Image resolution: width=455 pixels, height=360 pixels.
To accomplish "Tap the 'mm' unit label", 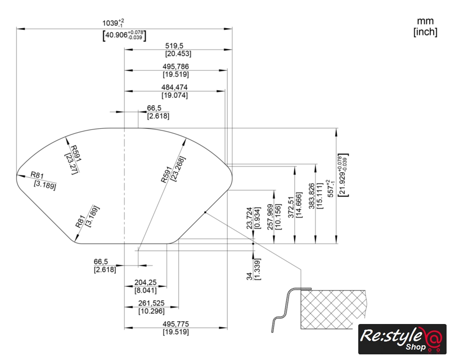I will pyautogui.click(x=425, y=21).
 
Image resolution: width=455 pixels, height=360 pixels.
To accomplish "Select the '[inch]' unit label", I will pyautogui.click(x=425, y=32).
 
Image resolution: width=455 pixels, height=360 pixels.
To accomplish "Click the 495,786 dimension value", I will pyautogui.click(x=175, y=66).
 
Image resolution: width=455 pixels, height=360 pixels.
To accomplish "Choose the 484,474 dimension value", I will pyautogui.click(x=174, y=87).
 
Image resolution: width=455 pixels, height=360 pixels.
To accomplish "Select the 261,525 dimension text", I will pyautogui.click(x=151, y=303).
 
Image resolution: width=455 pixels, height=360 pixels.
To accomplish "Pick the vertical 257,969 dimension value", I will pyautogui.click(x=270, y=216).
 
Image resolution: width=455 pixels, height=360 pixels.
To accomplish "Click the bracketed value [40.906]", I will pyautogui.click(x=124, y=36).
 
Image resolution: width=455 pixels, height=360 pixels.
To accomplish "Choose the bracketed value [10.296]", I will pyautogui.click(x=151, y=311).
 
